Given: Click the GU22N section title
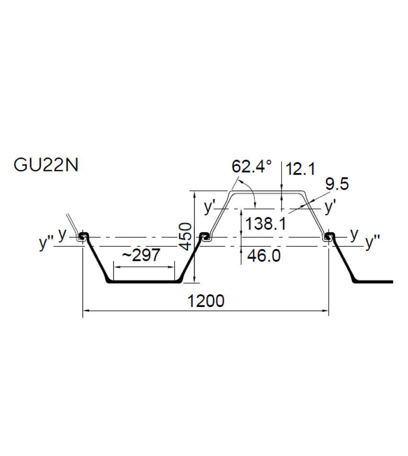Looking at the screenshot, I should point(46,165).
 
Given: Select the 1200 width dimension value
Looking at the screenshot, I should point(205,301).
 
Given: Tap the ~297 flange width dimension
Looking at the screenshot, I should point(141,256).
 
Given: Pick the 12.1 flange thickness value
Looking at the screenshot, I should point(300,169).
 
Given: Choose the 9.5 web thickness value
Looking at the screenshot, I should point(337,184).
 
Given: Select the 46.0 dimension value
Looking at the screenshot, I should point(263,256).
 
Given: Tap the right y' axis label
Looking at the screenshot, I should point(330,206).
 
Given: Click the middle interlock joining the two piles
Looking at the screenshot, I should point(205,237).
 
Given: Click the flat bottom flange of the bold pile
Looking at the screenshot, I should point(144,282).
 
